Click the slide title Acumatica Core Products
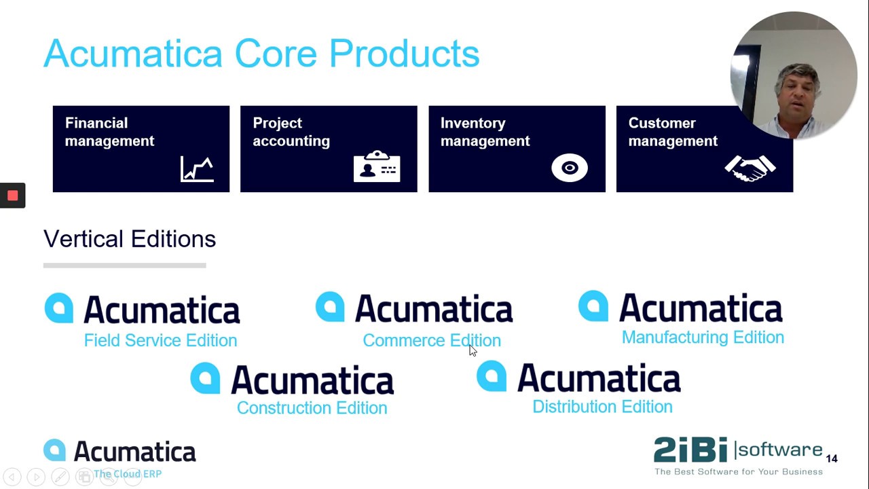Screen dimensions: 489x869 tap(261, 54)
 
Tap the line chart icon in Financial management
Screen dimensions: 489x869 tap(197, 169)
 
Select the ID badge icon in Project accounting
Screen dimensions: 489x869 tap(377, 167)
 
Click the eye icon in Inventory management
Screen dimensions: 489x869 tap(569, 168)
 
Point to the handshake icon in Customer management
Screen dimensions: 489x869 tap(750, 168)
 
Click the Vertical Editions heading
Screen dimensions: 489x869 tap(130, 239)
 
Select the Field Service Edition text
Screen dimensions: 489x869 tap(160, 340)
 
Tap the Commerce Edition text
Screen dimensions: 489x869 tap(432, 340)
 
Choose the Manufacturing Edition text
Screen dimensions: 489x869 tap(703, 338)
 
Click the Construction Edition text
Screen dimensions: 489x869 tap(312, 407)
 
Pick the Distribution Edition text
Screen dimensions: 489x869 tap(602, 407)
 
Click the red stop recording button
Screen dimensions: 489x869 tap(12, 196)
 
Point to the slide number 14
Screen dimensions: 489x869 tap(832, 459)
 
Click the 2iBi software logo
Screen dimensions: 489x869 tap(737, 450)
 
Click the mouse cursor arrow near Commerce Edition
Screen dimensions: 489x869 tap(473, 350)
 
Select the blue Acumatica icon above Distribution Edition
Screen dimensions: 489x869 tap(492, 376)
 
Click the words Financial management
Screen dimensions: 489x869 tap(109, 132)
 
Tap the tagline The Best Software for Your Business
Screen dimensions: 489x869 tap(738, 472)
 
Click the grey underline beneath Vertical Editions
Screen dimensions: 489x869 tap(124, 266)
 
